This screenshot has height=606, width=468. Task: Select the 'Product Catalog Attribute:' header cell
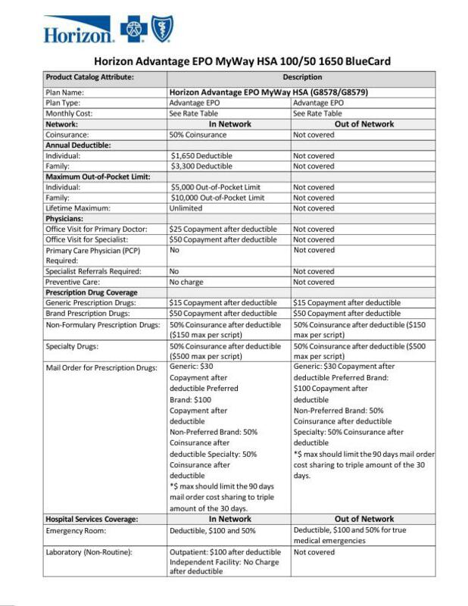pyautogui.click(x=90, y=77)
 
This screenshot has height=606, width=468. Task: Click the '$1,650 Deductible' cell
pyautogui.click(x=201, y=155)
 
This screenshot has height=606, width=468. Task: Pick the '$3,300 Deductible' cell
pyautogui.click(x=201, y=166)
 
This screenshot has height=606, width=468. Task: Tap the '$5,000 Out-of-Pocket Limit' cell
pyautogui.click(x=216, y=187)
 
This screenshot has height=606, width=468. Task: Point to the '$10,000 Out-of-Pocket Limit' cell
pyautogui.click(x=218, y=198)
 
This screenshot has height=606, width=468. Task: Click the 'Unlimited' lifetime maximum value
pyautogui.click(x=186, y=208)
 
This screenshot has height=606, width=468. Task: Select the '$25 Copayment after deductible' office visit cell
pyautogui.click(x=223, y=229)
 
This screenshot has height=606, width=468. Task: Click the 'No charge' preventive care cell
pyautogui.click(x=186, y=282)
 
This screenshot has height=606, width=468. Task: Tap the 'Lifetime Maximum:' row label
pyautogui.click(x=79, y=208)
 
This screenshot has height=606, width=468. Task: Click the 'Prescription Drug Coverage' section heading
pyautogui.click(x=92, y=292)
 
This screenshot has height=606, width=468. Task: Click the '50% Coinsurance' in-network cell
pyautogui.click(x=199, y=134)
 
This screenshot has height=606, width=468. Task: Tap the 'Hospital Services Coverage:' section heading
pyautogui.click(x=92, y=520)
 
